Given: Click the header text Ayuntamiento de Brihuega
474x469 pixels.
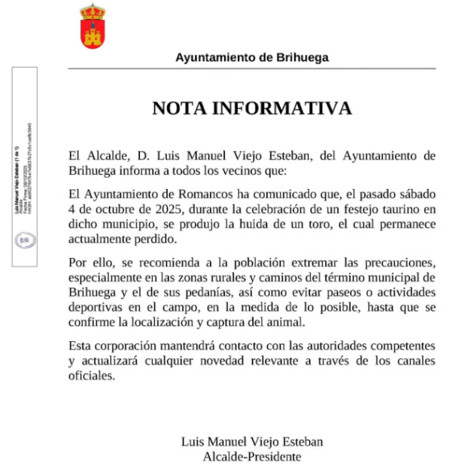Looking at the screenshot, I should [251, 57].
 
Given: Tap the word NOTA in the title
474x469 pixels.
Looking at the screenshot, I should [181, 108].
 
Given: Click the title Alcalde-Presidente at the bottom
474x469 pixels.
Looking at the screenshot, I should [251, 455].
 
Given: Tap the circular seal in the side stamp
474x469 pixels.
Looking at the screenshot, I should [23, 241].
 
